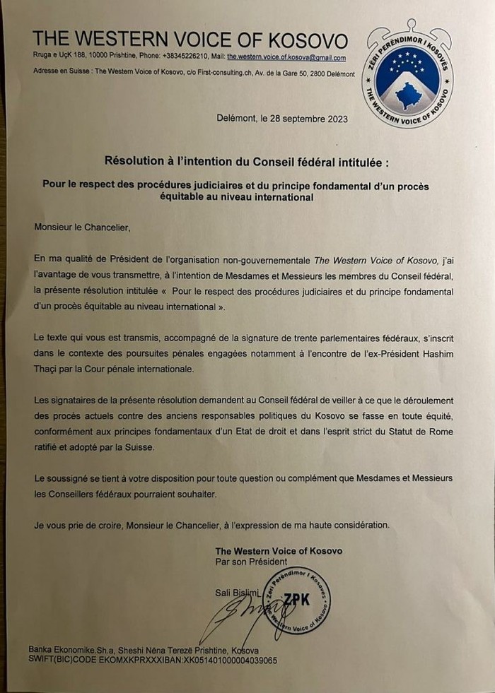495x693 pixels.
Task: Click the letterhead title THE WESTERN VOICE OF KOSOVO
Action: point(190,40)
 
